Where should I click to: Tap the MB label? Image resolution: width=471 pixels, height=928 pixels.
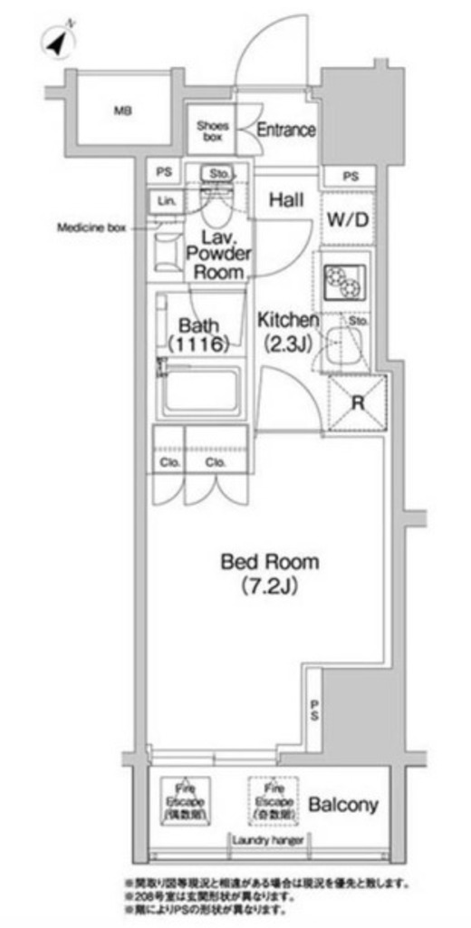[122, 111]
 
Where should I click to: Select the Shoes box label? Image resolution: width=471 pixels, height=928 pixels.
[213, 131]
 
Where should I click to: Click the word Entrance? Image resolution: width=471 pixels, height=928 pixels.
[285, 130]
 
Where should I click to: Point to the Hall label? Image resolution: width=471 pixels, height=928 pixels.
[285, 199]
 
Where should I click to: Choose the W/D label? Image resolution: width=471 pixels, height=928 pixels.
[347, 219]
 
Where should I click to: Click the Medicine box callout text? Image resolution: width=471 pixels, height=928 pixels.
[91, 228]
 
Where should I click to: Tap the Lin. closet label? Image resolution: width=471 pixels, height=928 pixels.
[166, 201]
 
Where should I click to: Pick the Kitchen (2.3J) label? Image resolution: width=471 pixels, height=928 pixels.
[287, 331]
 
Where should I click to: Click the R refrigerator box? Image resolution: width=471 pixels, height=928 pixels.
[358, 401]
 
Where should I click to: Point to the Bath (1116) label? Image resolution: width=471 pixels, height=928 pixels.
[197, 333]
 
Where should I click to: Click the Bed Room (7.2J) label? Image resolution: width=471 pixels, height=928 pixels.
[270, 574]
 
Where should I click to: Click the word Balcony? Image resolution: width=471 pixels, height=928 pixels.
[342, 805]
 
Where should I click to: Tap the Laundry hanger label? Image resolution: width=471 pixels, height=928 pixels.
[267, 840]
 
